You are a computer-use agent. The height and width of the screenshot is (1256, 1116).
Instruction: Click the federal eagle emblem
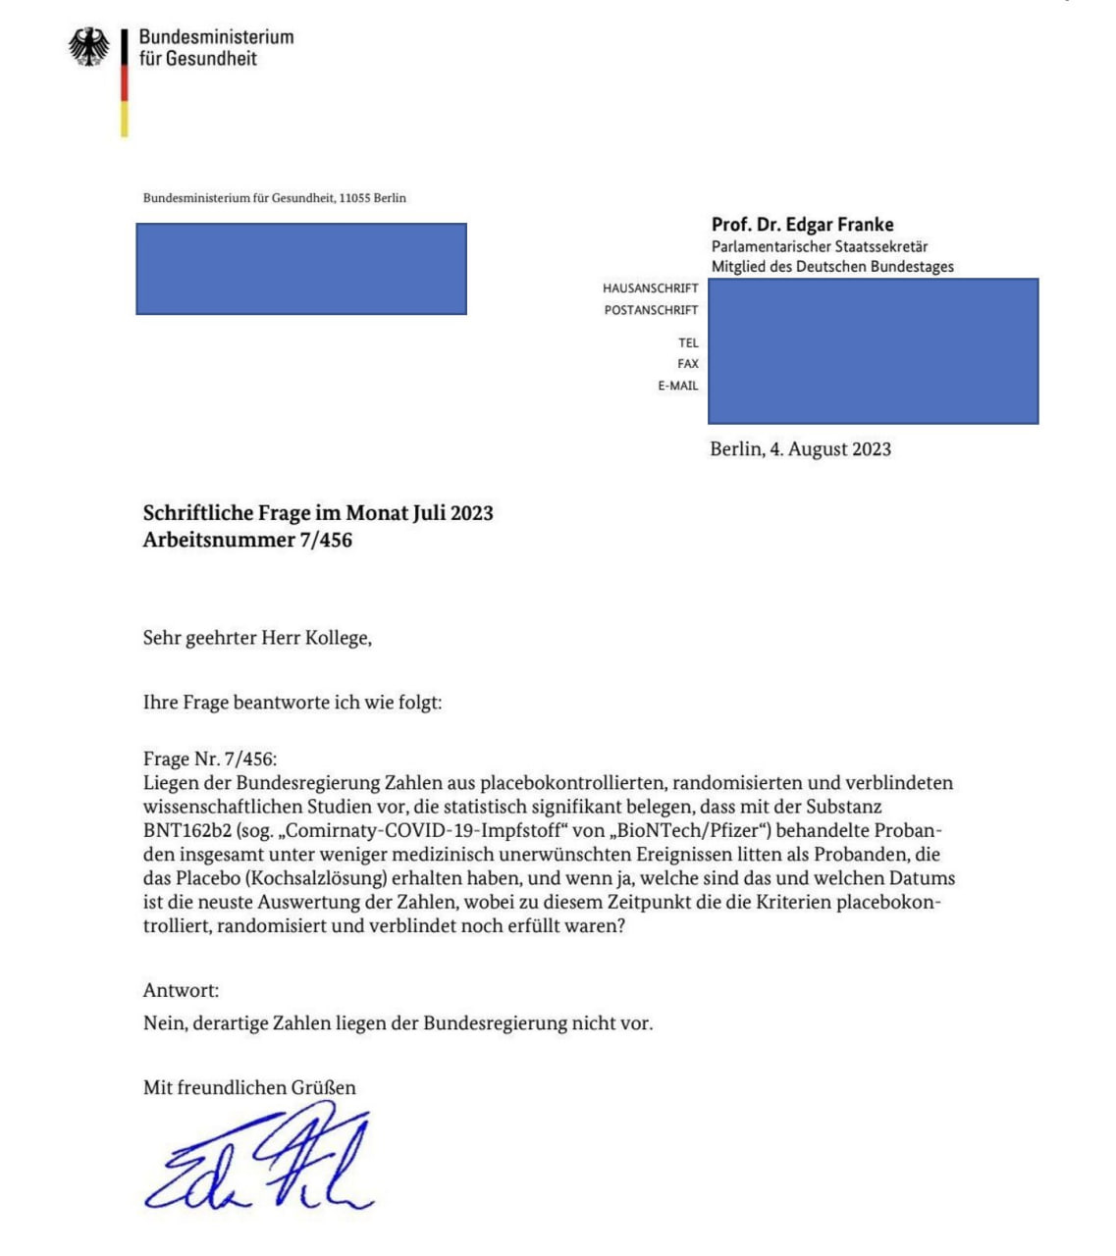(x=88, y=47)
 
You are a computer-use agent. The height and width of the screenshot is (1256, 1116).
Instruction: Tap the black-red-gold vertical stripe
(x=125, y=83)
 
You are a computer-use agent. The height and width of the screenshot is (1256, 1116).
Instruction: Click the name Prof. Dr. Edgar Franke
(x=802, y=225)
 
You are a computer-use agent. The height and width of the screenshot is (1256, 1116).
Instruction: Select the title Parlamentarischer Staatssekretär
(x=819, y=246)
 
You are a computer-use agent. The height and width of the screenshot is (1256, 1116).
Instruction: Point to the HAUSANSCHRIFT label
(x=650, y=288)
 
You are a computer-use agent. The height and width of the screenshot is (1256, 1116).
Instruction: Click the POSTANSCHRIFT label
(x=651, y=310)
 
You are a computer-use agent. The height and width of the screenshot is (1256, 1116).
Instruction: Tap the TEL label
(x=688, y=342)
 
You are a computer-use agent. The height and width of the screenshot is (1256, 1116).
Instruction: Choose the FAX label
(x=687, y=364)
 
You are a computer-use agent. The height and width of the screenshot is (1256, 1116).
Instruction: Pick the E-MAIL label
(x=677, y=386)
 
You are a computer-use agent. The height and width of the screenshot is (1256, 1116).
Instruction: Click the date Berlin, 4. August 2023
(x=800, y=449)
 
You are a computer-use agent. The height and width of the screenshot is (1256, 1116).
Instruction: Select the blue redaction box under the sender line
(x=300, y=269)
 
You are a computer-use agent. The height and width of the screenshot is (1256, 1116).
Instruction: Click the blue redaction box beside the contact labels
(x=873, y=350)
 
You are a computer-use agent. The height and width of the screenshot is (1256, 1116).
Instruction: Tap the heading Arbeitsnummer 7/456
(x=247, y=540)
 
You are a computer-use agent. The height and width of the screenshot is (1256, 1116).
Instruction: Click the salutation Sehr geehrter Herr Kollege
(x=257, y=638)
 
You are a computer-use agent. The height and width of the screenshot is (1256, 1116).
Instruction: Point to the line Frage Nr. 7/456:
(x=210, y=759)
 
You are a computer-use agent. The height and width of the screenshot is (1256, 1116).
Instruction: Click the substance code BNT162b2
(x=187, y=831)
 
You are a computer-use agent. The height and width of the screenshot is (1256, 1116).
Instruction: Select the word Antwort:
(x=181, y=990)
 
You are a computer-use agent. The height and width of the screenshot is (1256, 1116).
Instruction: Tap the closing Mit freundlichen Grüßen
(x=249, y=1087)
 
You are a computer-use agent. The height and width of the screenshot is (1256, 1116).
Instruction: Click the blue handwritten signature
(x=260, y=1158)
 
